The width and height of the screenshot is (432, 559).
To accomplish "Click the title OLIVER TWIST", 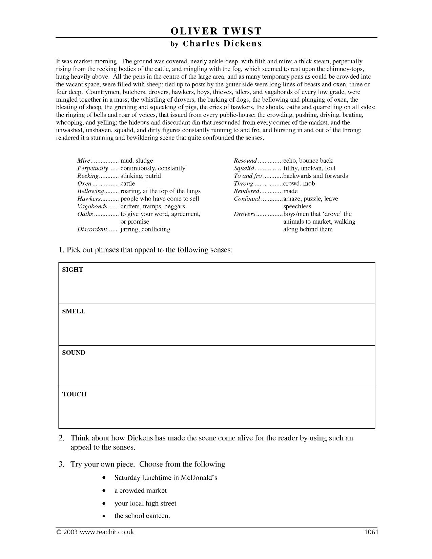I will coord(216,31).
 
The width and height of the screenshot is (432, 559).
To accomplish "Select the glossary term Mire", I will coord(84,161).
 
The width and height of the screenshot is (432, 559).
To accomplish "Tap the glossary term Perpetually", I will coord(92,168).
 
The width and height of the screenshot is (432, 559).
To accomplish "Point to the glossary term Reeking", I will coord(88,176).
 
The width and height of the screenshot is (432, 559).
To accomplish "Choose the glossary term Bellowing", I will coord(90,191).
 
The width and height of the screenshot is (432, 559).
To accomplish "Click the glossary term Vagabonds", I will coord(92,206).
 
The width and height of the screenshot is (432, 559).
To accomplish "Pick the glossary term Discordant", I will coord(92,229).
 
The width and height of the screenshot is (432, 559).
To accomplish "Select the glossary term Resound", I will coord(245,161).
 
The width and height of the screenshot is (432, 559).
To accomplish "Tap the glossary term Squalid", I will coord(244,168).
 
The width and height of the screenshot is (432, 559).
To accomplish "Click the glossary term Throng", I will coord(243,184).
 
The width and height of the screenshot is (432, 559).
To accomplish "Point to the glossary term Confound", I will coord(247,199).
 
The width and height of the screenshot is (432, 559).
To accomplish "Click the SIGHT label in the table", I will coord(73,270).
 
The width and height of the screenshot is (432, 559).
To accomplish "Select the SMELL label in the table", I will coord(74,311).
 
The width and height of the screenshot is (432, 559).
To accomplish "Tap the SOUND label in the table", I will coord(74,353).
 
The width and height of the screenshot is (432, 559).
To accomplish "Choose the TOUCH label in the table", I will coord(74,394).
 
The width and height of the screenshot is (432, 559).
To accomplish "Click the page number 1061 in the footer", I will coord(371,532).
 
